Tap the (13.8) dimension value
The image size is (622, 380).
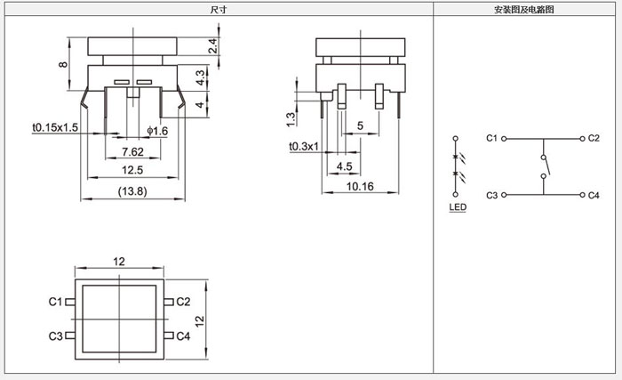(x=132, y=190)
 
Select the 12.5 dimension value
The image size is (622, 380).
(x=132, y=169)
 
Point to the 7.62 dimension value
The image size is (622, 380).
(x=133, y=150)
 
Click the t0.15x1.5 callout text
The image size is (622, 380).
(x=55, y=128)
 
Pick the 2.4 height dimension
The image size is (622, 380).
(x=212, y=46)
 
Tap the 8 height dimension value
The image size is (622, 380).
(x=63, y=64)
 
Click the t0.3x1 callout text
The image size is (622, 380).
(x=304, y=146)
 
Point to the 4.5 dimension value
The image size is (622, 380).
(x=344, y=166)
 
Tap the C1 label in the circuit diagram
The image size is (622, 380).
(x=493, y=139)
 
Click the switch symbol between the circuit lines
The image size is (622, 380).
(x=544, y=166)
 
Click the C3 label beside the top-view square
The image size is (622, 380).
(x=55, y=336)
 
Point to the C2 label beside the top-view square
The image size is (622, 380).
(x=183, y=302)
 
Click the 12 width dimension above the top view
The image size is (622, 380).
(x=118, y=261)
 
